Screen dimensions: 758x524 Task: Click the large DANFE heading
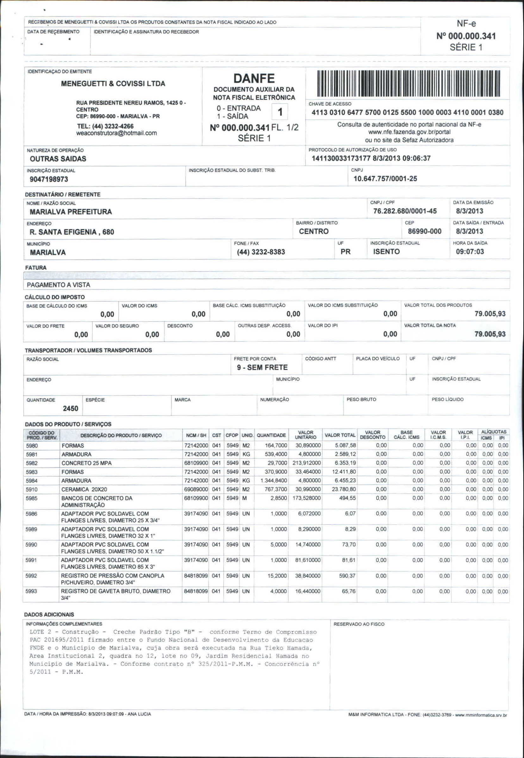click(x=254, y=78)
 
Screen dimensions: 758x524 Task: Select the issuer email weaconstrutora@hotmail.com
click(x=116, y=133)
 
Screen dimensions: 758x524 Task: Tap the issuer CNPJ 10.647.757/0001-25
click(x=385, y=179)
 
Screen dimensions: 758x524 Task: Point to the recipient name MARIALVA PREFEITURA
click(x=71, y=212)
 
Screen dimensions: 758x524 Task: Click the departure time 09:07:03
click(x=470, y=252)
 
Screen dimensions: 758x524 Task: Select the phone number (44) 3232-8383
click(x=261, y=252)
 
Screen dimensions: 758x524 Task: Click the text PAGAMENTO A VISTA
click(x=59, y=285)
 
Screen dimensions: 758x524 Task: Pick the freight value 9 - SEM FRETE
click(x=262, y=367)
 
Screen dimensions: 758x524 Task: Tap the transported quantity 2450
click(x=71, y=408)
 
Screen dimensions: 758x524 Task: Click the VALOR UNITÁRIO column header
click(x=305, y=435)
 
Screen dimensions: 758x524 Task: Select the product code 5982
click(x=32, y=463)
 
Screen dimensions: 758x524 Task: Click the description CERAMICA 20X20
click(x=84, y=489)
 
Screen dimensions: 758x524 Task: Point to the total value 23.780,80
click(x=344, y=489)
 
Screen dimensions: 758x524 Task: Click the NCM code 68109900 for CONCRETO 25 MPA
click(x=196, y=463)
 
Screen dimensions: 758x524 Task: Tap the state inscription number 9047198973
click(x=49, y=179)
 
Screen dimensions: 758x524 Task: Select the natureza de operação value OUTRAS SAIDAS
click(x=58, y=159)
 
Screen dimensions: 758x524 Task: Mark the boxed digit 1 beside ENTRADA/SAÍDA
click(x=280, y=112)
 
